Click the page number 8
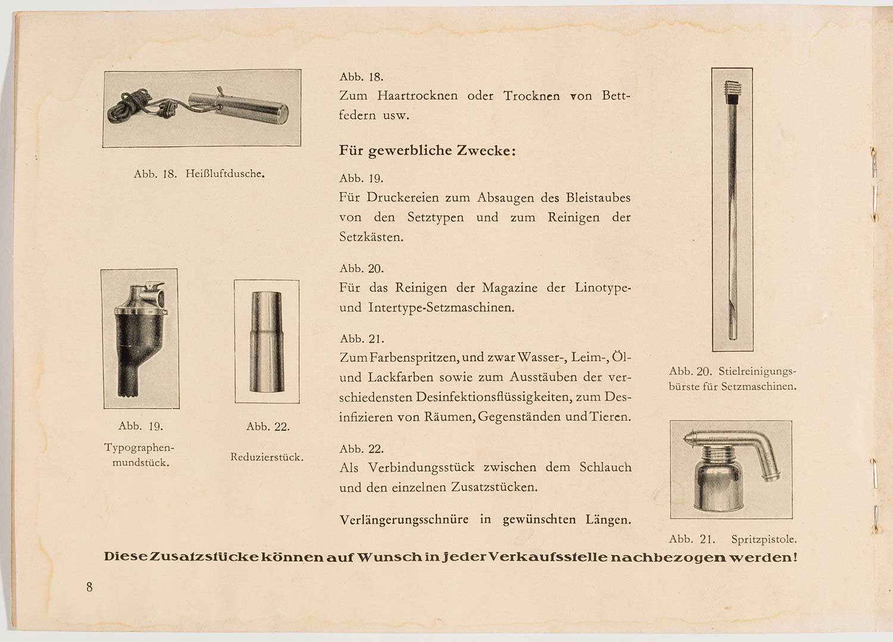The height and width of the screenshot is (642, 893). tap(89, 587)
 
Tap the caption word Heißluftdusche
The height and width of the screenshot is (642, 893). tap(225, 174)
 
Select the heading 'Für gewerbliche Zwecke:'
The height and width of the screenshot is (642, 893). tap(427, 151)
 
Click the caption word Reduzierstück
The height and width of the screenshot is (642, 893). tap(267, 457)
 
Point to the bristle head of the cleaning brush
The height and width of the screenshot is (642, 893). tap(732, 90)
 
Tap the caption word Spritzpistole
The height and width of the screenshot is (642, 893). tap(764, 540)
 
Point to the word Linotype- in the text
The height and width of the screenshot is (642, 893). tap(602, 288)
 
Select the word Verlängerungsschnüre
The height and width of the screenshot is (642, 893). tap(404, 519)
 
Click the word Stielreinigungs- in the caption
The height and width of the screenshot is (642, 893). tap(757, 371)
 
